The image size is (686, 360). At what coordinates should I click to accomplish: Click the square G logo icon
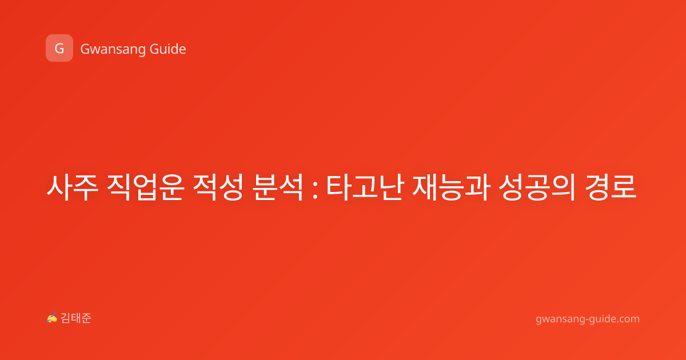click(x=59, y=48)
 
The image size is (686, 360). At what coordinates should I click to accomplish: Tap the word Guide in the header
click(x=168, y=49)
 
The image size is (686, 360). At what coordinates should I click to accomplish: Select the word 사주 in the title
click(x=72, y=187)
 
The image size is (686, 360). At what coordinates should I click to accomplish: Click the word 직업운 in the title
click(x=145, y=187)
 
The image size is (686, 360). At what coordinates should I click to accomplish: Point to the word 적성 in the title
click(x=218, y=187)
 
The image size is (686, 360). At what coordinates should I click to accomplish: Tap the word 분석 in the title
click(x=278, y=187)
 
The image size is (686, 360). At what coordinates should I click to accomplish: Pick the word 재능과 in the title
click(x=451, y=187)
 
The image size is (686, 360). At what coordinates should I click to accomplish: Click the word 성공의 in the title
click(x=537, y=187)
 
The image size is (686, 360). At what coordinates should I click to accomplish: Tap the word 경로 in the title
click(x=611, y=187)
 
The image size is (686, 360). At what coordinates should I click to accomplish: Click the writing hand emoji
click(x=52, y=318)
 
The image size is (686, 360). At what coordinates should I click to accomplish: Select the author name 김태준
click(x=76, y=318)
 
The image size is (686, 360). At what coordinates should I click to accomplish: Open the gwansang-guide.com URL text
click(x=588, y=319)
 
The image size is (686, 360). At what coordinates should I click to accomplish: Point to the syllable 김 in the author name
click(x=66, y=318)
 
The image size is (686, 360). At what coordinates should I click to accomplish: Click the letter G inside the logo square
click(x=59, y=49)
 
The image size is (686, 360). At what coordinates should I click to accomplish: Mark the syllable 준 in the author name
click(x=86, y=318)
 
